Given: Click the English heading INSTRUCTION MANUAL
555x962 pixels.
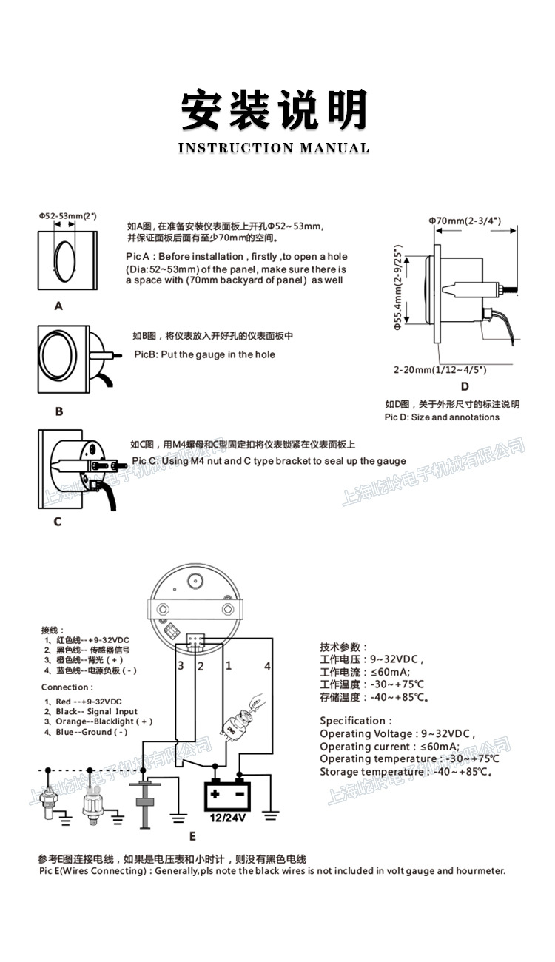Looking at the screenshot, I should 274,148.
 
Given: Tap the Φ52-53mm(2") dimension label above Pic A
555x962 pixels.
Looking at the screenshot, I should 68,216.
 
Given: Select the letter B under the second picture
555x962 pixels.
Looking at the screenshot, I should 59,411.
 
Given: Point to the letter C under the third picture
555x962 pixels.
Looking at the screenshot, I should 58,522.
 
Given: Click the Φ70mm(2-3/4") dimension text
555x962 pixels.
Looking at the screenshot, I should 465,221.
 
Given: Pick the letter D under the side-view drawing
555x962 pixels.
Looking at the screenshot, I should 465,386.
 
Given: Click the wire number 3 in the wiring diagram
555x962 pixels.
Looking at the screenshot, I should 180,666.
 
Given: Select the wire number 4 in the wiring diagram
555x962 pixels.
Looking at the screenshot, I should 268,667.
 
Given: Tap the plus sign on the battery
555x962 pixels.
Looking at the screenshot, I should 215,795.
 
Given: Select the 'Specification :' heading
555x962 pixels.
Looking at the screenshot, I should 355,720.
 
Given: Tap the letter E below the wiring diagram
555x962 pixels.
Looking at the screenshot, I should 192,837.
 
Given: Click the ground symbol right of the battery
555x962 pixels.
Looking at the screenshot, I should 271,816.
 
